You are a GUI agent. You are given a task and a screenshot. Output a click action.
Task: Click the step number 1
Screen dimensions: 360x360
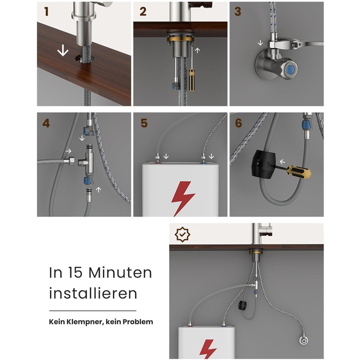[47, 11]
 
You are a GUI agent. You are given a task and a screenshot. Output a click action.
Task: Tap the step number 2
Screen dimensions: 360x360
[143, 11]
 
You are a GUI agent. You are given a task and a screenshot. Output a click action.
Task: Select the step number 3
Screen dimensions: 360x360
[238, 11]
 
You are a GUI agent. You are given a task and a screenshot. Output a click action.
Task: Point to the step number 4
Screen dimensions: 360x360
[46, 123]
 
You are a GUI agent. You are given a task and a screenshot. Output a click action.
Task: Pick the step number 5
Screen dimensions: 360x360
[144, 123]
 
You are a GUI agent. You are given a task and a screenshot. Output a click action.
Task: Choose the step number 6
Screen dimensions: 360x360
[239, 123]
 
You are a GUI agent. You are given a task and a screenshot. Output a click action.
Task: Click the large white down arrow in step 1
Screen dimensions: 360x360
[63, 50]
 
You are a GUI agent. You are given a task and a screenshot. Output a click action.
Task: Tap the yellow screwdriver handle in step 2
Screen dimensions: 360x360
[191, 80]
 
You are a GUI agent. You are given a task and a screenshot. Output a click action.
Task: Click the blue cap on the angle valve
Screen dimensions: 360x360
[291, 68]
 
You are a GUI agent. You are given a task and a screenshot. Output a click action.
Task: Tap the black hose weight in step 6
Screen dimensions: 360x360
[262, 164]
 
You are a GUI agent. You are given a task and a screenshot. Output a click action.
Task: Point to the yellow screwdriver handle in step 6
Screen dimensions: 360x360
[299, 172]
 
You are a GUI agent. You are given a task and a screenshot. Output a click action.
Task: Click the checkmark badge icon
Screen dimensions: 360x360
[182, 235]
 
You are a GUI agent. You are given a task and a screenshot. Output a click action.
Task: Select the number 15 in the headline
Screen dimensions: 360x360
[75, 273]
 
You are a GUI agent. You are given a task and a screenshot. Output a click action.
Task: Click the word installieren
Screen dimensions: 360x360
[93, 293]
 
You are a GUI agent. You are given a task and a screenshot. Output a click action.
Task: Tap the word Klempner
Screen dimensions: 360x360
[85, 322]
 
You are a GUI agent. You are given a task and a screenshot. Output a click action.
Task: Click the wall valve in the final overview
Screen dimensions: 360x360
[304, 341]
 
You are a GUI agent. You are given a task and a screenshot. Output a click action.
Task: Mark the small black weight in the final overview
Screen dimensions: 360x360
[243, 305]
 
